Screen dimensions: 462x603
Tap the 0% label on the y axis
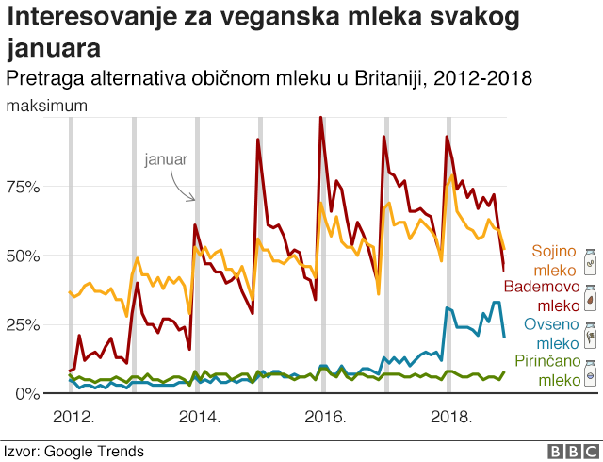(x=27, y=393)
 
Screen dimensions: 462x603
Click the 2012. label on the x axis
(x=72, y=417)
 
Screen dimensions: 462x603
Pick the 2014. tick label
(x=199, y=417)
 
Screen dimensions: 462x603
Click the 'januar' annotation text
(x=166, y=159)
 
